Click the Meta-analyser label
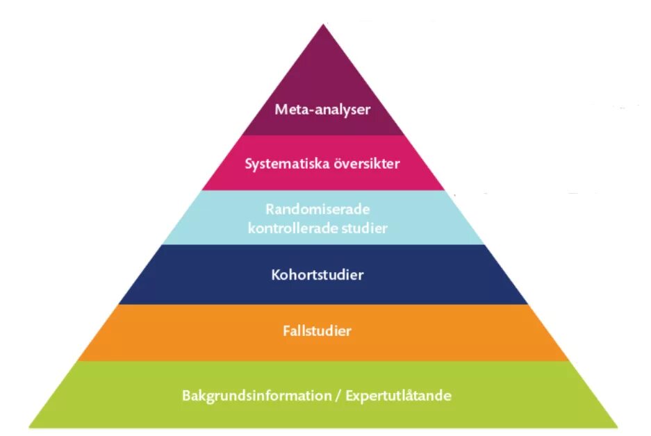pyautogui.click(x=322, y=109)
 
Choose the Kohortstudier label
pyautogui.click(x=317, y=275)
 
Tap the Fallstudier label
pyautogui.click(x=317, y=331)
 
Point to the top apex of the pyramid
pyautogui.click(x=323, y=25)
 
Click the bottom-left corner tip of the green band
pyautogui.click(x=30, y=426)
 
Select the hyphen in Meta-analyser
pyautogui.click(x=311, y=110)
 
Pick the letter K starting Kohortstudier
pyautogui.click(x=275, y=275)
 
